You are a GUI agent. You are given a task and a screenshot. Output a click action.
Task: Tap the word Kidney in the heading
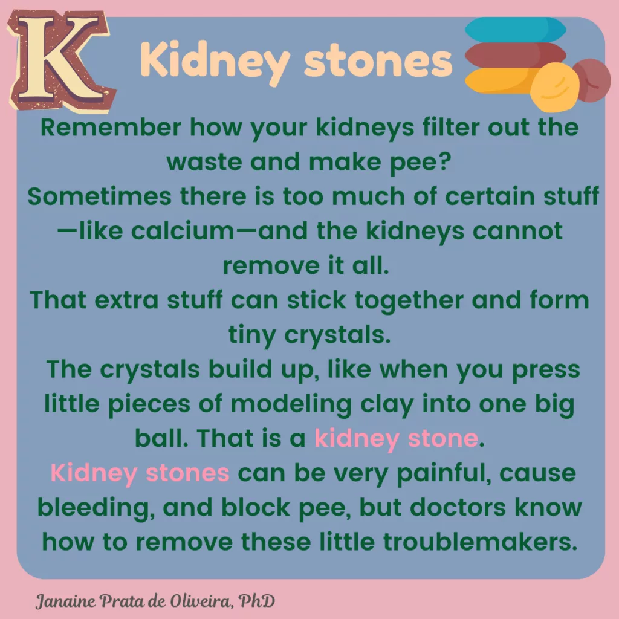click(216, 62)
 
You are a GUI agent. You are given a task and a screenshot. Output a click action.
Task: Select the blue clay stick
click(516, 29)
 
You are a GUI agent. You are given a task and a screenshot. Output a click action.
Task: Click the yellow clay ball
click(554, 88)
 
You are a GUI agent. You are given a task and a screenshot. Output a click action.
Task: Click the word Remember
click(111, 127)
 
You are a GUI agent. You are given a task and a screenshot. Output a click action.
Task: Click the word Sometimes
click(100, 196)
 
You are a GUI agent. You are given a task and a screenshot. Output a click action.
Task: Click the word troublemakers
click(480, 542)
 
